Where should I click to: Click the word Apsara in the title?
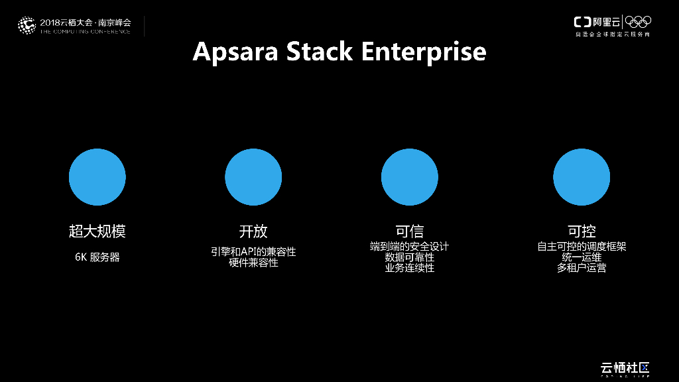235,52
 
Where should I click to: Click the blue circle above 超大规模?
97,177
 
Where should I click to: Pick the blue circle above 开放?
253,177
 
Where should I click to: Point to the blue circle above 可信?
409,177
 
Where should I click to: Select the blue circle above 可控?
582,177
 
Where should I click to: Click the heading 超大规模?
97,231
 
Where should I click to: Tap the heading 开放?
253,231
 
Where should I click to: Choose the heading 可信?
409,231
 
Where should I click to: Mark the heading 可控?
582,231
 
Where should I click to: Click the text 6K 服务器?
97,257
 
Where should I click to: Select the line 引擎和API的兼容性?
253,252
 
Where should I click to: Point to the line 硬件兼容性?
253,263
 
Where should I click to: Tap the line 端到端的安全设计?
409,247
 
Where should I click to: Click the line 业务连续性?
409,268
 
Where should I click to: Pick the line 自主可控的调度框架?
582,247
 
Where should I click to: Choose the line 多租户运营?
582,268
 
